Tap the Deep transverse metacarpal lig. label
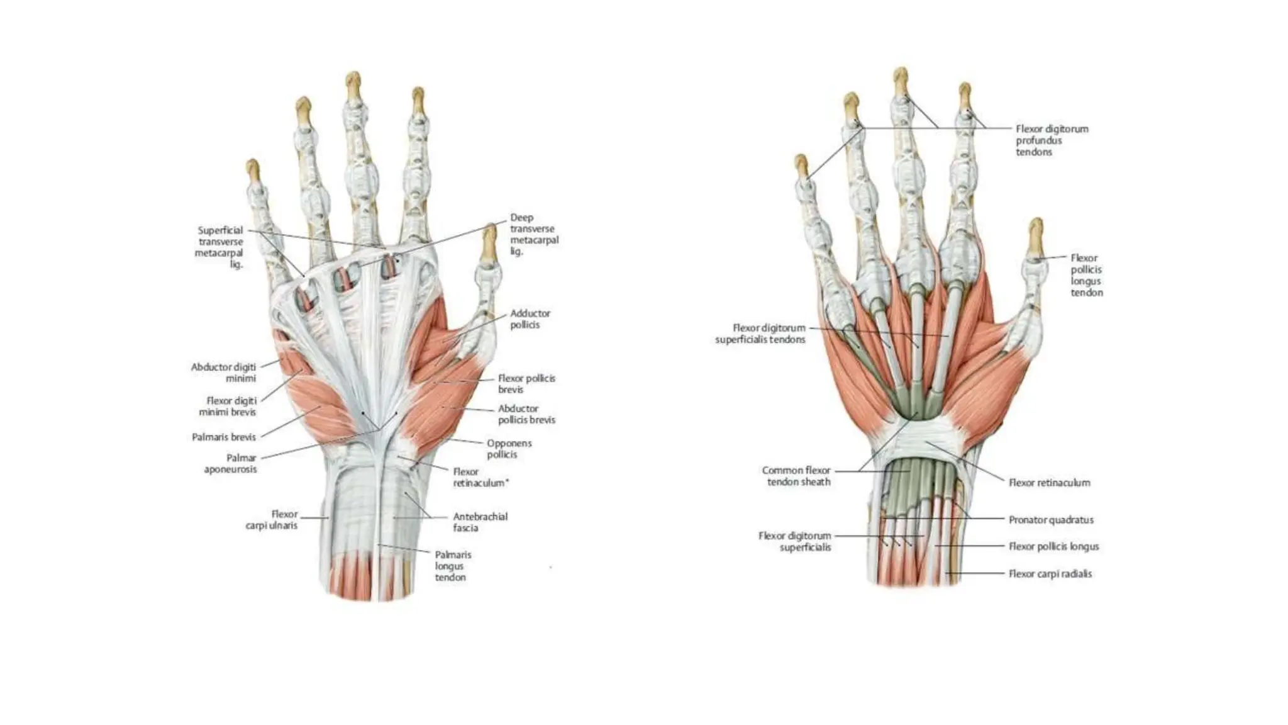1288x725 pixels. click(533, 234)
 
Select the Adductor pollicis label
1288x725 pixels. click(530, 318)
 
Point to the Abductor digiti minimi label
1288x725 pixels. click(224, 372)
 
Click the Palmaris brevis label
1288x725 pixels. click(224, 437)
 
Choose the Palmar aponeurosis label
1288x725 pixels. click(231, 464)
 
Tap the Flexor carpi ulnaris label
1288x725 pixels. click(272, 520)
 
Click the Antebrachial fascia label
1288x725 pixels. click(480, 522)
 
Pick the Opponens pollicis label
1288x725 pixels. click(509, 449)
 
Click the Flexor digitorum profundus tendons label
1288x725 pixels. click(1052, 140)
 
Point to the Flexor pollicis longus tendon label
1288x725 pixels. click(1086, 275)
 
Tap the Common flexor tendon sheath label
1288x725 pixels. click(796, 476)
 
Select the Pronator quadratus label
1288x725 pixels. click(1051, 520)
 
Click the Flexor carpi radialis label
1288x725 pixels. click(1050, 574)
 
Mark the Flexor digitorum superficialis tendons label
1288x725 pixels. click(760, 334)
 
